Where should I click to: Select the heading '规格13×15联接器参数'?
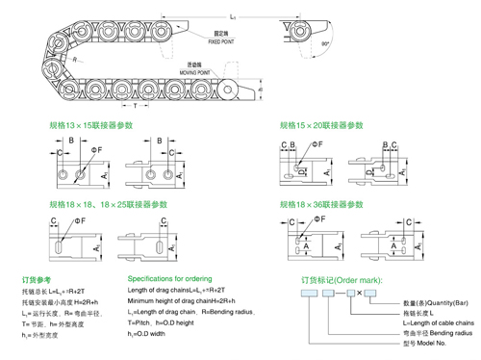[x=91, y=125]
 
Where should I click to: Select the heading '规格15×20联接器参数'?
[x=321, y=125]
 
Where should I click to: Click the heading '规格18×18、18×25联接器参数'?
[x=108, y=205]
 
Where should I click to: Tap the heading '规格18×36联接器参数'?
[x=321, y=205]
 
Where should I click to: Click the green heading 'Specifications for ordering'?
[x=169, y=278]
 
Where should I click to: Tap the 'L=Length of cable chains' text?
[x=439, y=321]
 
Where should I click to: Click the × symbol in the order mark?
[x=359, y=292]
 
